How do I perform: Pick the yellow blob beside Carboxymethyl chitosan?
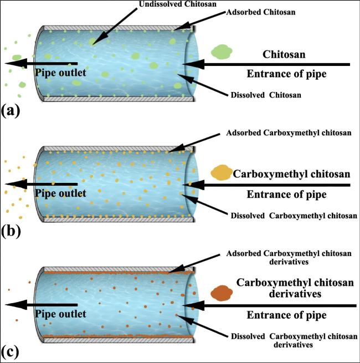coord(222,172)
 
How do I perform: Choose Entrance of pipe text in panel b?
coord(285,195)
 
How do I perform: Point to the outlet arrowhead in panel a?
coord(12,63)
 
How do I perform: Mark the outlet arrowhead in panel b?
coord(12,184)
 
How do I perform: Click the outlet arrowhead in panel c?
coord(12,304)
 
